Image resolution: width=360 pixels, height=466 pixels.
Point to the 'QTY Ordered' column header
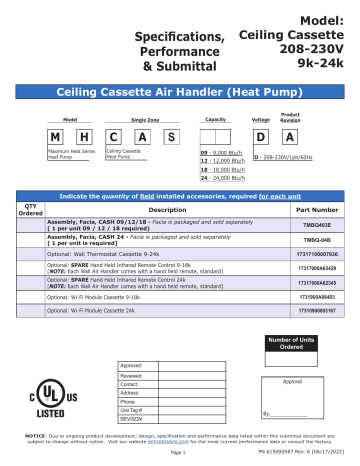tap(31, 210)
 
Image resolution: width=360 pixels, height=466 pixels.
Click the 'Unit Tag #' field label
tap(131, 411)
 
